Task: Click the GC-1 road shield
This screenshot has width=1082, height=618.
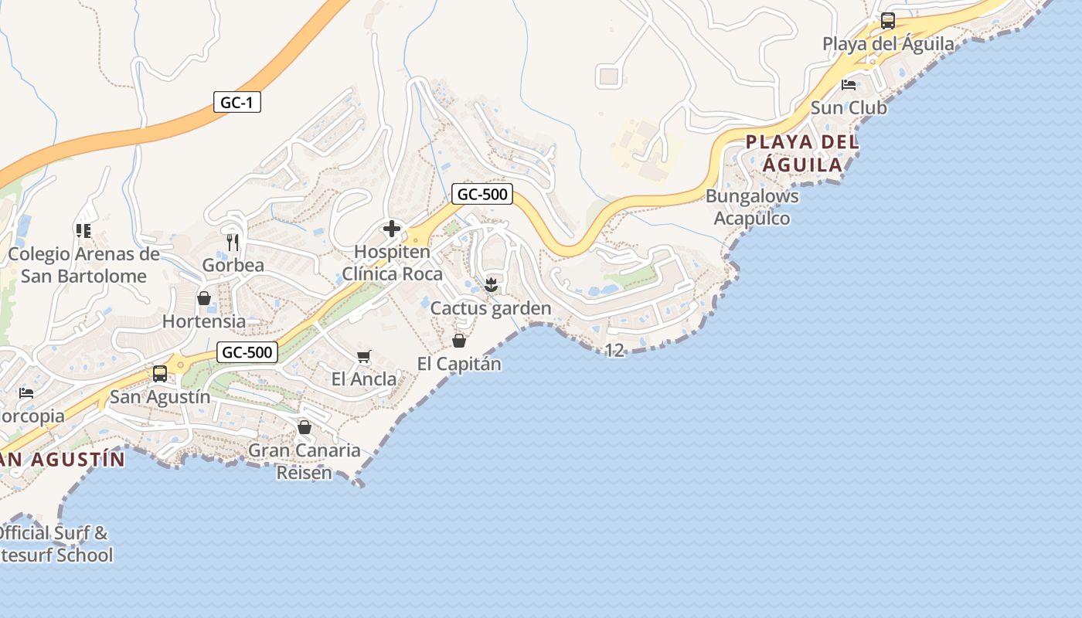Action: [x=236, y=102]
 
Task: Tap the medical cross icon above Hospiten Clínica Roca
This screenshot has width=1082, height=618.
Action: [x=392, y=229]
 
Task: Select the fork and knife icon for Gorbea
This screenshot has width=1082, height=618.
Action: [x=233, y=243]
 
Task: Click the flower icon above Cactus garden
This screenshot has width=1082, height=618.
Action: [x=491, y=285]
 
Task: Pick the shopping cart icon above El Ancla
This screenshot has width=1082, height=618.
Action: [x=364, y=356]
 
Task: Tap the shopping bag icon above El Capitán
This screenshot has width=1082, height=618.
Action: [x=459, y=340]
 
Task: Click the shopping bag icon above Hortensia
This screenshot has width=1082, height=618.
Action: [x=204, y=298]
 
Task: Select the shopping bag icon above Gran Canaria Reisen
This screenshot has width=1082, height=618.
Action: [x=305, y=427]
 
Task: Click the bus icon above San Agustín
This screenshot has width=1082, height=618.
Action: [x=160, y=374]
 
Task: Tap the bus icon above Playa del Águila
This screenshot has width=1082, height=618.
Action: [x=888, y=21]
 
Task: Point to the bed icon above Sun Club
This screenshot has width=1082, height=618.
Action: [x=849, y=85]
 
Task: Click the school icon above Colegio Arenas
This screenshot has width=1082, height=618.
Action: [x=83, y=230]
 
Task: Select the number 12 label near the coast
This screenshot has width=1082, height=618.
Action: [x=614, y=351]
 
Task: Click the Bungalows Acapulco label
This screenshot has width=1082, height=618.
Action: [x=752, y=207]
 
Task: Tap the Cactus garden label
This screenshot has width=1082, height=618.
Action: [x=491, y=308]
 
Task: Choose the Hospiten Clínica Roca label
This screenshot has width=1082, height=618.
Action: [x=392, y=263]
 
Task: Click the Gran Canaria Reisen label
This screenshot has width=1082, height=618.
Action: [x=305, y=461]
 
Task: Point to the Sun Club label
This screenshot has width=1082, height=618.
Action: [x=849, y=108]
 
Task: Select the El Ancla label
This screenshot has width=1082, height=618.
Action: [x=364, y=379]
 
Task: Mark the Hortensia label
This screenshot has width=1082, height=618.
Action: [x=204, y=321]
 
